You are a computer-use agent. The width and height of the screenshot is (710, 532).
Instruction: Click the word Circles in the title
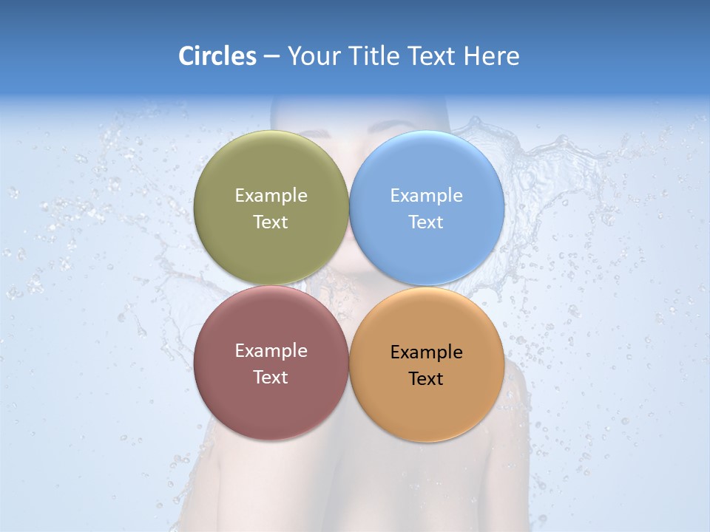[217, 56]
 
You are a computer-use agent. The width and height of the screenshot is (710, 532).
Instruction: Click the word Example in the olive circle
[271, 195]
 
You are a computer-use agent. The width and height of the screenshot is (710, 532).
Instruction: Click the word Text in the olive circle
[271, 222]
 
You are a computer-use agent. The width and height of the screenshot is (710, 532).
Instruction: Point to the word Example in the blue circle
[427, 195]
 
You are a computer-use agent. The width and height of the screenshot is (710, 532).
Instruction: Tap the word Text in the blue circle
[427, 222]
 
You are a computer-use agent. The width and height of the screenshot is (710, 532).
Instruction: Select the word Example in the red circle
[271, 351]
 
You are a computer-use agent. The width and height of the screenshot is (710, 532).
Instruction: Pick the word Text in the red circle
[271, 377]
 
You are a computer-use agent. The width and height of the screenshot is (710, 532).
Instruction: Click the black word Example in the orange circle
[427, 352]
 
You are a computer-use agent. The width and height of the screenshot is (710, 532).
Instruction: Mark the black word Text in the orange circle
[427, 379]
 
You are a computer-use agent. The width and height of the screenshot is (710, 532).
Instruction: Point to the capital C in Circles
[186, 56]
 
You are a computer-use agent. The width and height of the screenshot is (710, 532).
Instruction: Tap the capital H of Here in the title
[471, 56]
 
